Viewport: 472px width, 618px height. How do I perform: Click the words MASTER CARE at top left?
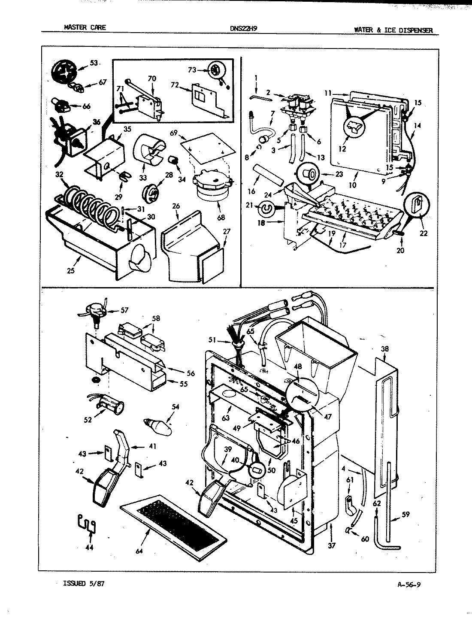84,27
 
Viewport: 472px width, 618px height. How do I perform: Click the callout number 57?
124,309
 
